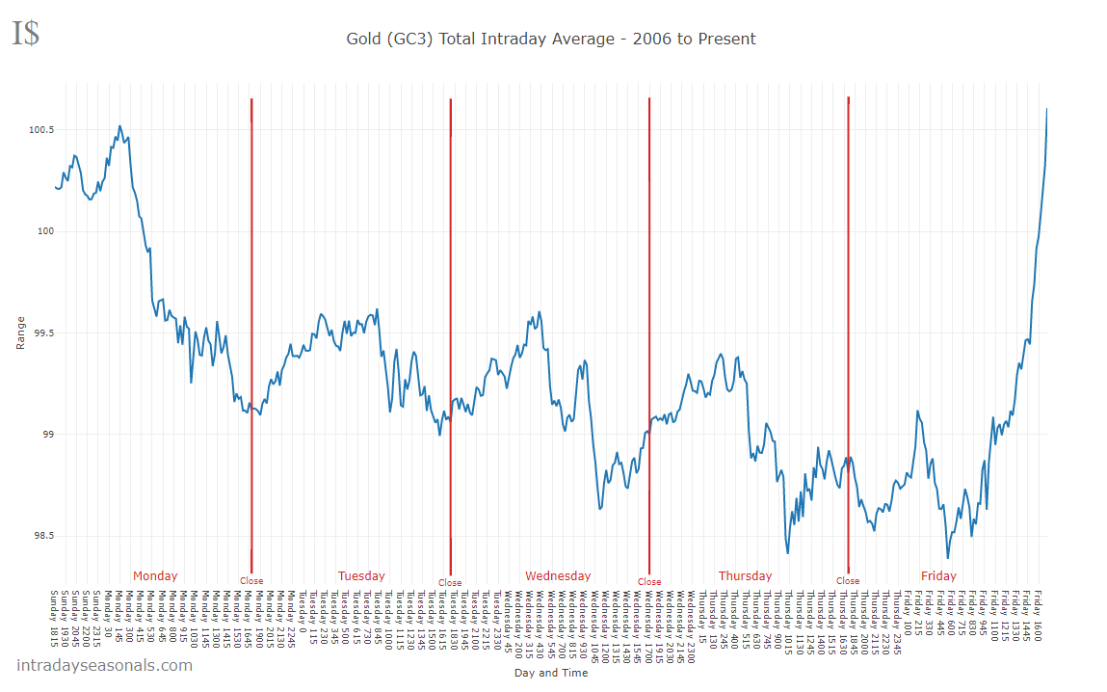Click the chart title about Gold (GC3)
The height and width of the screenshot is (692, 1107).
pos(550,40)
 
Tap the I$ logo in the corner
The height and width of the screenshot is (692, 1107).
pos(26,34)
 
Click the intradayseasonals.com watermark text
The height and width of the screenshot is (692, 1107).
pos(104,665)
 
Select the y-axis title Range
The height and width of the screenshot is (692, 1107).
pos(21,333)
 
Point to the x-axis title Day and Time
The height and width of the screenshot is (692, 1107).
pos(550,673)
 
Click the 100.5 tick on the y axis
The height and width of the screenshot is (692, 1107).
pos(40,130)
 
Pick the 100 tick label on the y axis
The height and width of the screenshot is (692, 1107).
pos(44,231)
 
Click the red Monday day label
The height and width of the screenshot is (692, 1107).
pos(155,576)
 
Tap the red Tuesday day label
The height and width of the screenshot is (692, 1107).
pos(361,576)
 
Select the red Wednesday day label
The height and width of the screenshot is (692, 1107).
pos(558,576)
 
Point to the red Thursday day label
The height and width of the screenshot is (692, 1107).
pos(745,576)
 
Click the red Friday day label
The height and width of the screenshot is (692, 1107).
pos(938,576)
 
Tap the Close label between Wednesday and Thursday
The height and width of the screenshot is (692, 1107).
pos(649,582)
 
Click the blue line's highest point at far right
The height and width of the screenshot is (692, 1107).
pos(1047,109)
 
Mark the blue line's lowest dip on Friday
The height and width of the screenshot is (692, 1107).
pos(948,558)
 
